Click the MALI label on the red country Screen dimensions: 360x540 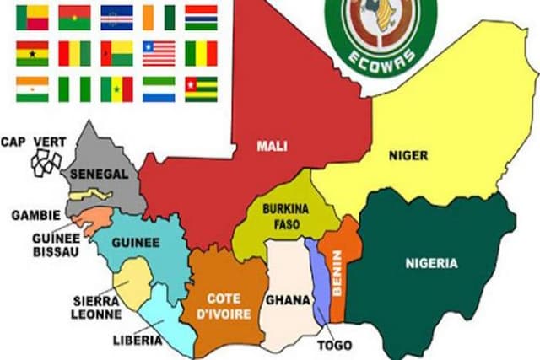(x=272, y=146)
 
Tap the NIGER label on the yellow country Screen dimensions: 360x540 (x=409, y=155)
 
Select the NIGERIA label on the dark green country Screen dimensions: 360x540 (x=430, y=263)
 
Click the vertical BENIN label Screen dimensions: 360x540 (x=337, y=270)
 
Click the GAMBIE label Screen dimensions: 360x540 (x=35, y=215)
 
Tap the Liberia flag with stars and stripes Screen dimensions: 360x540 (x=159, y=52)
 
